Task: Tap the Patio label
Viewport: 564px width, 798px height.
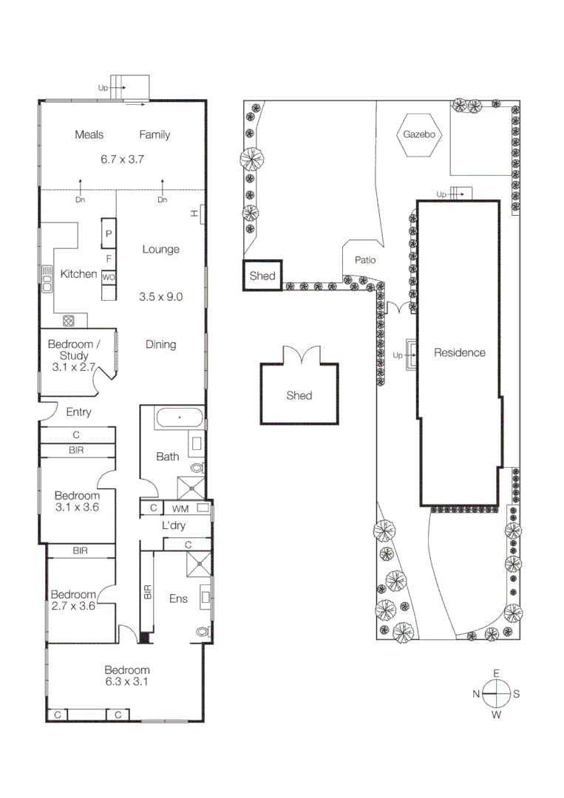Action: click(x=365, y=260)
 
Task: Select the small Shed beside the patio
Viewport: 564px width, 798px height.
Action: click(x=262, y=276)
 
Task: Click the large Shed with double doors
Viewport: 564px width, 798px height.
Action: click(x=299, y=395)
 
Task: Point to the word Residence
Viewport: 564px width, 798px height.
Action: click(x=459, y=352)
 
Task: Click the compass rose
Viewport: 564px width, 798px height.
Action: click(x=497, y=694)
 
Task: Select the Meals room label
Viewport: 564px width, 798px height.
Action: click(x=89, y=134)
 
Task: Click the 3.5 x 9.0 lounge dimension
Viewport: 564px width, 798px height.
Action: click(x=160, y=297)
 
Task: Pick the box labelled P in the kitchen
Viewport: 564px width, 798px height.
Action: click(x=109, y=233)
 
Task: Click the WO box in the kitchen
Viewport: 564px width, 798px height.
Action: click(x=109, y=277)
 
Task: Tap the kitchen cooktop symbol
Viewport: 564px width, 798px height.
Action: click(x=69, y=321)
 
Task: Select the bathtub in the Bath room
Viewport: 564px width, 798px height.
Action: click(x=178, y=418)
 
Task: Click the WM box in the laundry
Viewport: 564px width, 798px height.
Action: click(x=180, y=508)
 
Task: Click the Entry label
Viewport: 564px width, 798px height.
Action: click(x=78, y=412)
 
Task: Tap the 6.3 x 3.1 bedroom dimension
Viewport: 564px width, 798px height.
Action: click(x=126, y=682)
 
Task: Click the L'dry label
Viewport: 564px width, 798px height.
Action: click(x=174, y=526)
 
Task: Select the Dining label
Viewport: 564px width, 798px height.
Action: click(x=160, y=344)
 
